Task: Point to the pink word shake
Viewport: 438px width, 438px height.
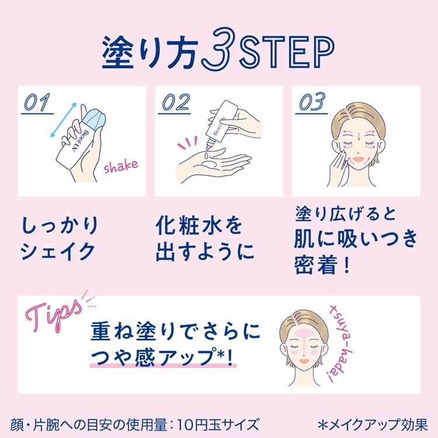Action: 121,166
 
